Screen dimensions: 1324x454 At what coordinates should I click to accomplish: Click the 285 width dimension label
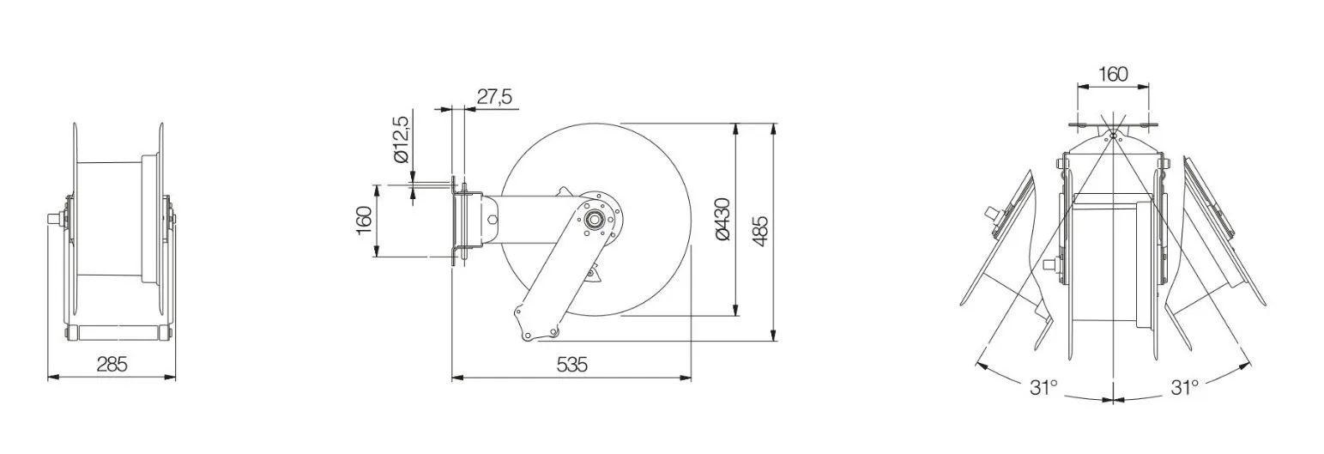[112, 364]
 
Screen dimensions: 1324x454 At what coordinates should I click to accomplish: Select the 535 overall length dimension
[572, 365]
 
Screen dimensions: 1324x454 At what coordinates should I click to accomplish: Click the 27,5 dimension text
[495, 97]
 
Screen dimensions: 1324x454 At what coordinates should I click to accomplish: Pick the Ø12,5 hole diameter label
[401, 139]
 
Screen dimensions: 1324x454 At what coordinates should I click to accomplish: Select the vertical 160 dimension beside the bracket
[364, 220]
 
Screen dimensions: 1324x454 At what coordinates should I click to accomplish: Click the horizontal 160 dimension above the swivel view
[1113, 75]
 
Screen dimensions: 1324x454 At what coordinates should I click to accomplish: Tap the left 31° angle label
[1043, 388]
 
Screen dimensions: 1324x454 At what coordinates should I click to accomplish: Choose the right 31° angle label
[1184, 388]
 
